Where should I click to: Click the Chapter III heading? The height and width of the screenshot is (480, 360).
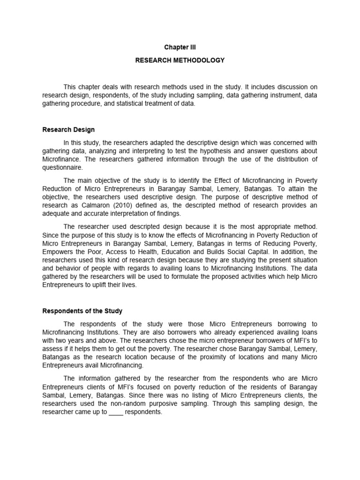(x=180, y=47)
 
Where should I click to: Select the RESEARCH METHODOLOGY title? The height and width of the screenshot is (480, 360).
(x=180, y=60)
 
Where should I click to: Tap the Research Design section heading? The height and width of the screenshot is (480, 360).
(x=68, y=130)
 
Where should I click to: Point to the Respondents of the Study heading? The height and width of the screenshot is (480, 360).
(x=82, y=311)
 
